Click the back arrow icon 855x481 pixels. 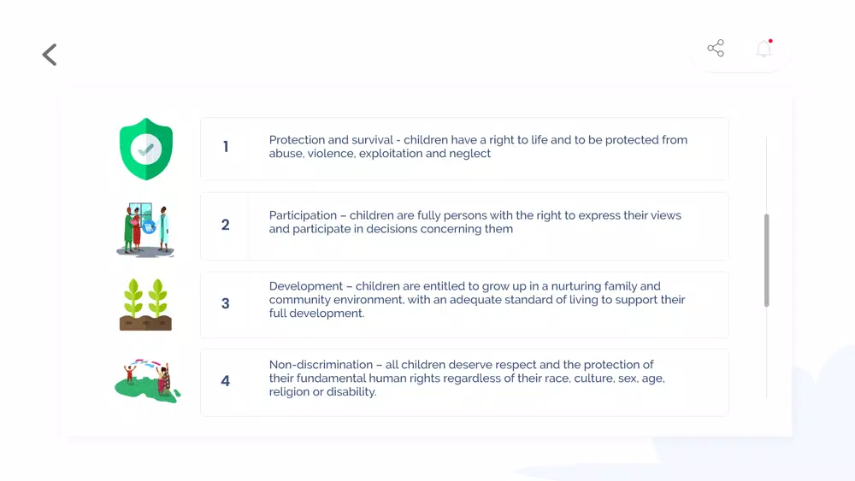point(49,55)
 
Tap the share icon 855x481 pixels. point(716,48)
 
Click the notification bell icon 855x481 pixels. point(764,49)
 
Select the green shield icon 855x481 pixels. point(146,149)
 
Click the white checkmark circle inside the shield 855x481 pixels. point(146,149)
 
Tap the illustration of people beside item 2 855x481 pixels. point(145,229)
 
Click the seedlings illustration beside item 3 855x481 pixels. point(145,304)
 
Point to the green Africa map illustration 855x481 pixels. point(147,381)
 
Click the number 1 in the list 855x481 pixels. point(226,147)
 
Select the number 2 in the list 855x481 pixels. point(225,225)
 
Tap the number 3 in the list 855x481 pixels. point(225,303)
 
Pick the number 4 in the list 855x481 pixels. point(225,381)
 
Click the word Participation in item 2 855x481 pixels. point(303,215)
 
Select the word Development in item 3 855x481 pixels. point(306,286)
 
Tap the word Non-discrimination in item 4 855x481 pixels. point(321,365)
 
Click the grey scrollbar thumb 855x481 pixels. point(766,261)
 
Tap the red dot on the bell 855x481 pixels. point(770,41)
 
